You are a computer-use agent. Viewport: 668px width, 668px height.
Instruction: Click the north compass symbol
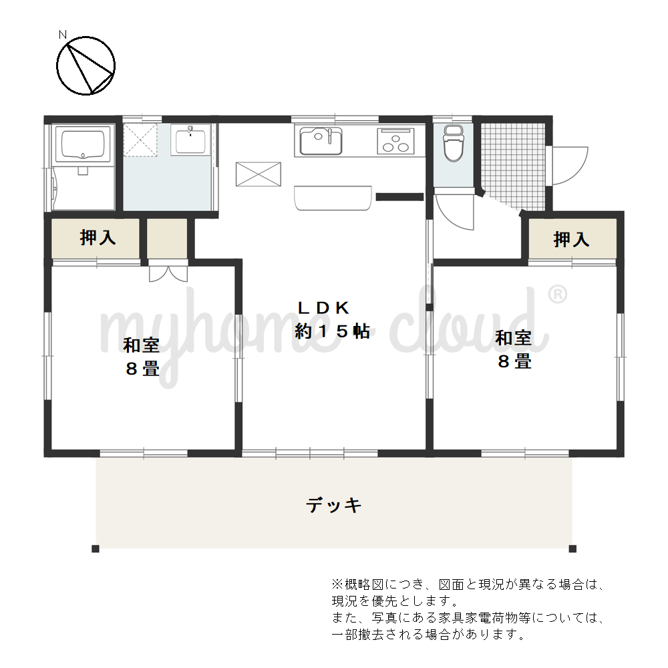coord(86,65)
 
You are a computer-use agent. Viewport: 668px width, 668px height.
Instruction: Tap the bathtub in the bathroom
coord(83,144)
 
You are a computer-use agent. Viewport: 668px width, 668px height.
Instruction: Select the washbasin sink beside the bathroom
coord(190,140)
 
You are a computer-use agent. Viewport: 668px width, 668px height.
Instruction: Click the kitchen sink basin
coord(321,141)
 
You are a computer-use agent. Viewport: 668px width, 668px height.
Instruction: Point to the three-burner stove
coord(395,141)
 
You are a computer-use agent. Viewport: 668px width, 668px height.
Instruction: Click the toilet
coord(454,144)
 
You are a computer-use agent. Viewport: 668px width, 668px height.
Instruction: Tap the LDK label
coord(323,307)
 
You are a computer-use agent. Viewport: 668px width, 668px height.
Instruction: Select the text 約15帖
coord(332,331)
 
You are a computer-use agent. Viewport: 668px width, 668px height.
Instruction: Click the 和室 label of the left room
coord(141,345)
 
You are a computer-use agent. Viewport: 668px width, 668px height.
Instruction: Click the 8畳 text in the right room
coord(514,361)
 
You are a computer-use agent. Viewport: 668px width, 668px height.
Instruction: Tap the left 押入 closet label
coord(98,237)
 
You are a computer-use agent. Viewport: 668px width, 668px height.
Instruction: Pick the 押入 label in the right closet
coord(571,239)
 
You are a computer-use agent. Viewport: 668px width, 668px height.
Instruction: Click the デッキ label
coord(333,505)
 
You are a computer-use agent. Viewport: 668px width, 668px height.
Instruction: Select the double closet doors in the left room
coord(168,274)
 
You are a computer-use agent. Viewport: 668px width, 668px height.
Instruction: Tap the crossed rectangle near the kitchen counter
coord(259,174)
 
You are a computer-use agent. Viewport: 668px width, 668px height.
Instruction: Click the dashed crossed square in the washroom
coord(140,140)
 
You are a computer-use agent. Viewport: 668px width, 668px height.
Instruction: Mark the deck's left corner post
coord(96,548)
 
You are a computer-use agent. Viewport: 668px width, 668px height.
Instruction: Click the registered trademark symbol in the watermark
coord(557,295)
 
